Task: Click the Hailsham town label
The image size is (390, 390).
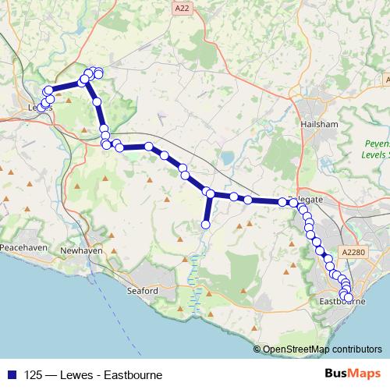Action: click(317, 123)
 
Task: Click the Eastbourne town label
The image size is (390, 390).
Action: click(343, 300)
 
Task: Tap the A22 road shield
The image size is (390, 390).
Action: click(182, 8)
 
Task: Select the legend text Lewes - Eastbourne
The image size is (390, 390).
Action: click(117, 374)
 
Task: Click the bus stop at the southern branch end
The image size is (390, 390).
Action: click(206, 225)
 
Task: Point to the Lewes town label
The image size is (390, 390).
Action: click(39, 108)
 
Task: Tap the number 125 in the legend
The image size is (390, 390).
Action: click(34, 374)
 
